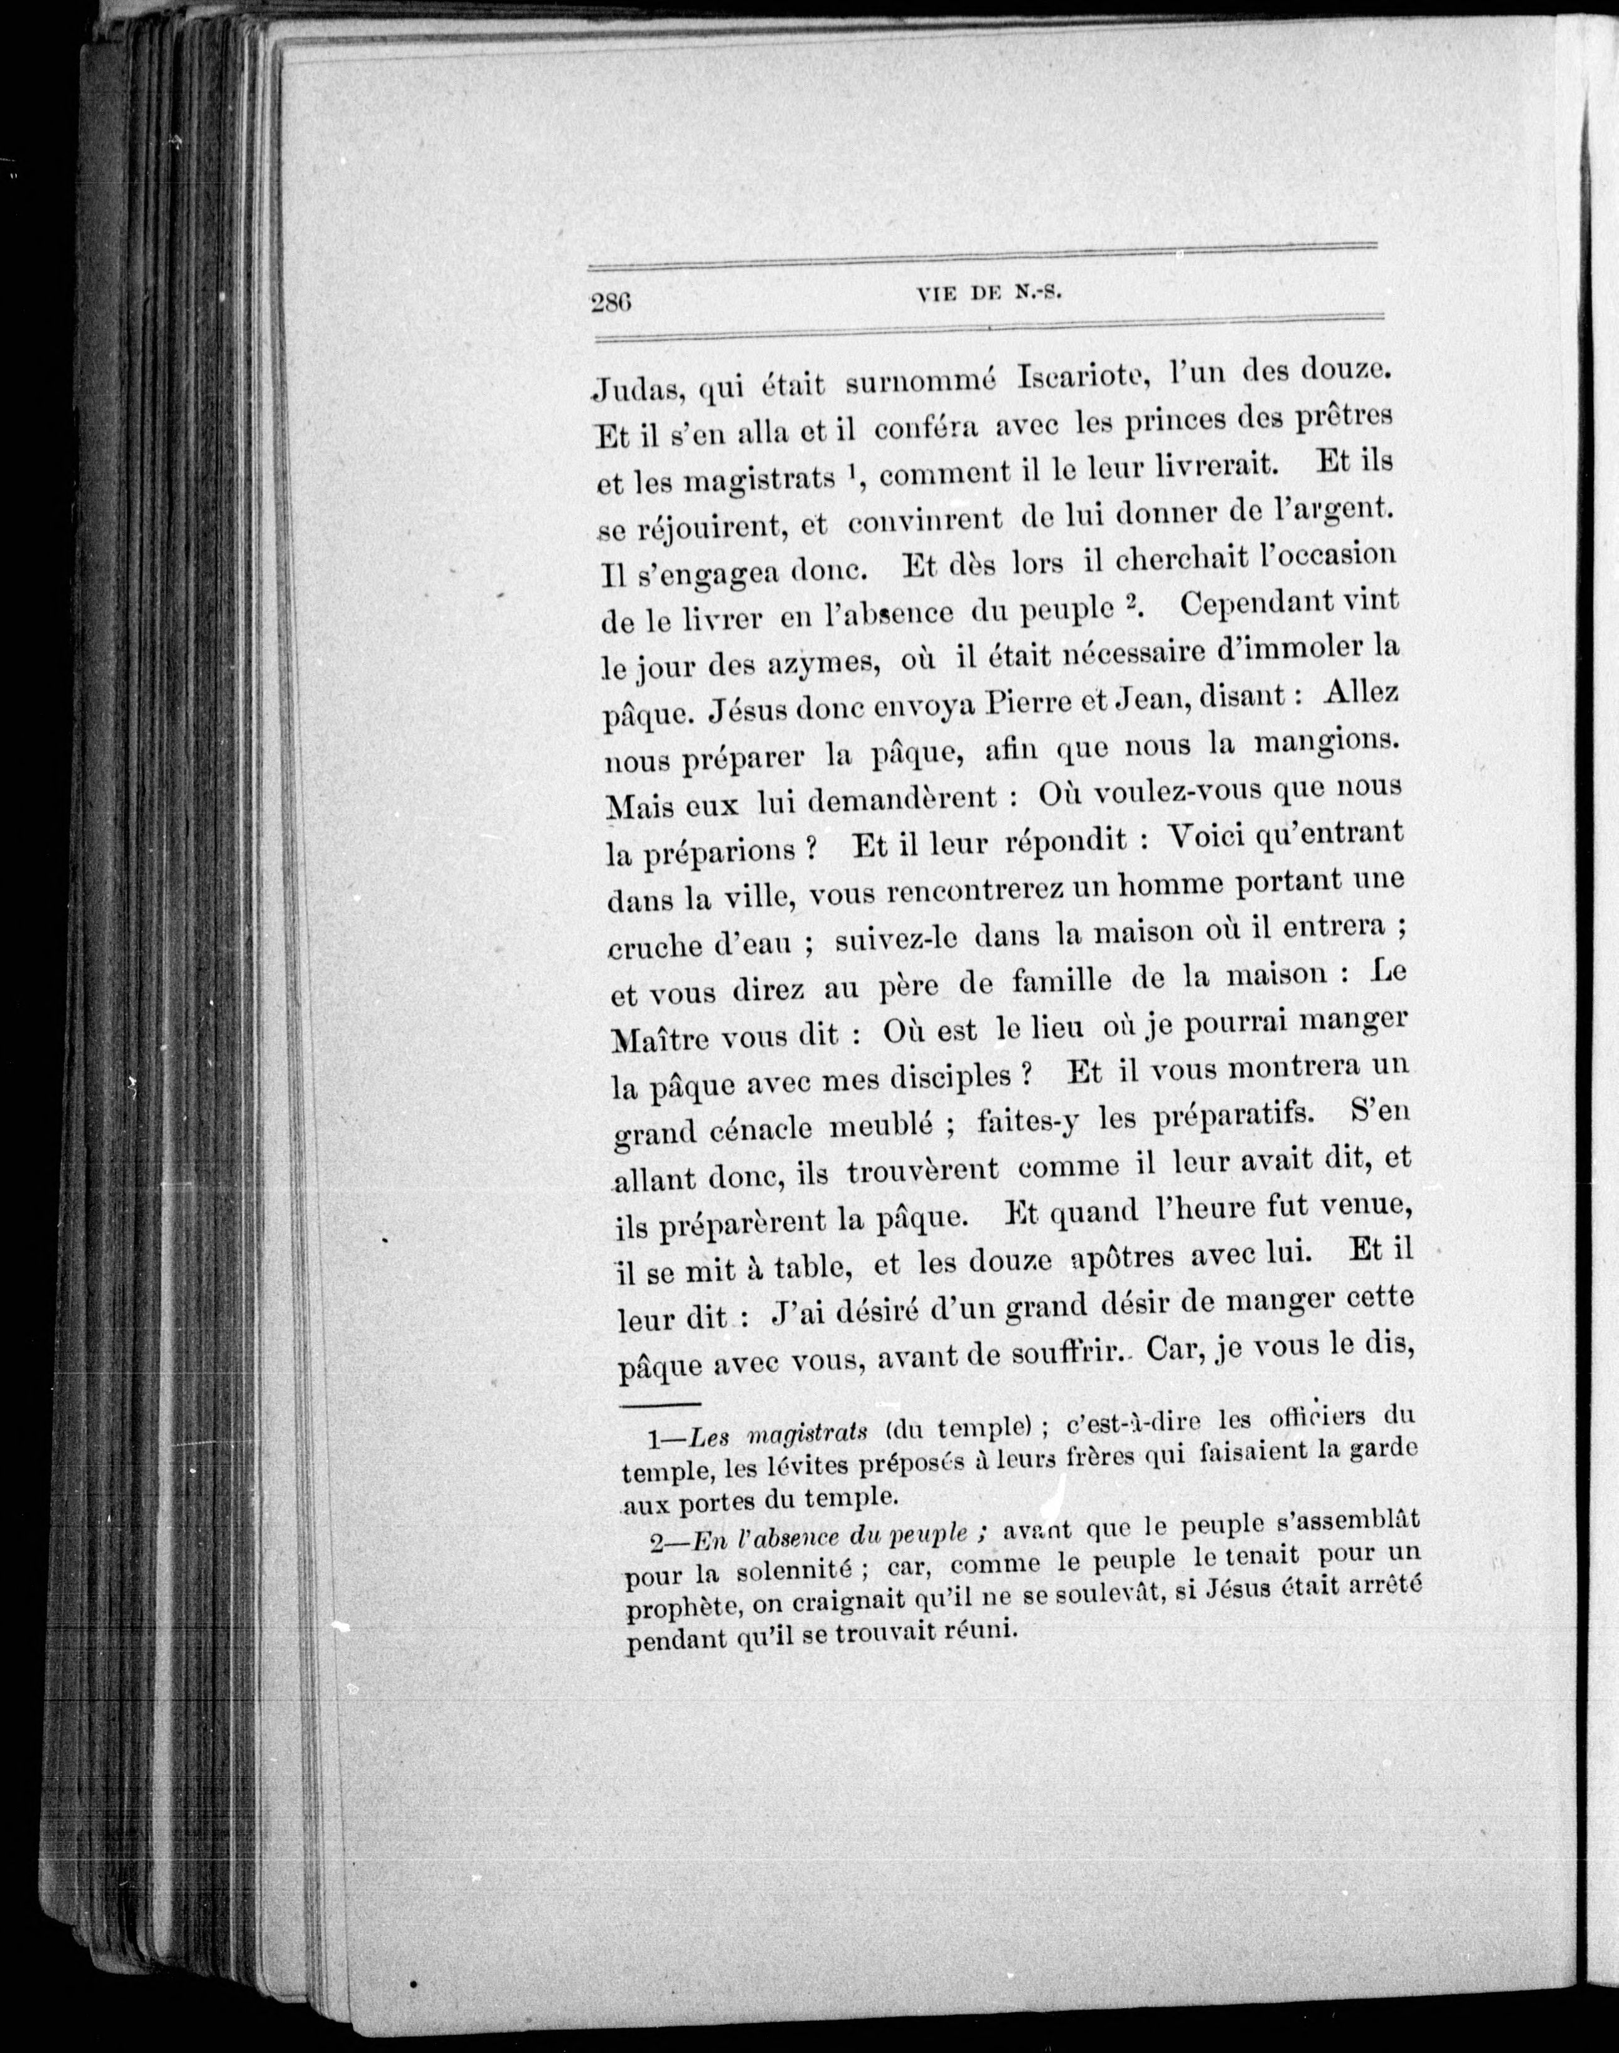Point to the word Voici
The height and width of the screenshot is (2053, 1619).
coord(1204,837)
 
